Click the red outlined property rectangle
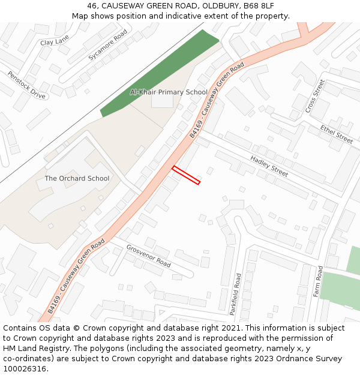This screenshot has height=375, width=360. [186, 175]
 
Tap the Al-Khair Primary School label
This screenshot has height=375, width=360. [169, 92]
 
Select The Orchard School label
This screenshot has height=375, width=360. [77, 178]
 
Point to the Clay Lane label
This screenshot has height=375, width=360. [55, 42]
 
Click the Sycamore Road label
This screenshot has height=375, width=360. [108, 44]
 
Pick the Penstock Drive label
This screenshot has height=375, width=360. [26, 85]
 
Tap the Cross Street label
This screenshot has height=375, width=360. [315, 95]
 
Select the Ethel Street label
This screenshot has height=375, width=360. [337, 134]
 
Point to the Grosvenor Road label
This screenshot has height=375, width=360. [148, 256]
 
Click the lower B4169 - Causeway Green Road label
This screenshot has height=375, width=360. [76, 275]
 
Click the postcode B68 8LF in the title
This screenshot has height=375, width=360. [261, 5]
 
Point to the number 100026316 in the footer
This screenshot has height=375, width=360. [25, 368]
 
